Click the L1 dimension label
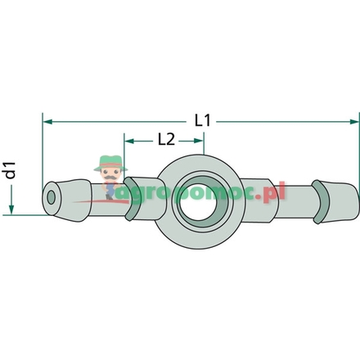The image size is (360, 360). click(205, 120)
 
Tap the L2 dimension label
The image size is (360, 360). click(166, 139)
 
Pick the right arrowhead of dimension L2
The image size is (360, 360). click(199, 139)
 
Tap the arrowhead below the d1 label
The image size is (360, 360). click(11, 209)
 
